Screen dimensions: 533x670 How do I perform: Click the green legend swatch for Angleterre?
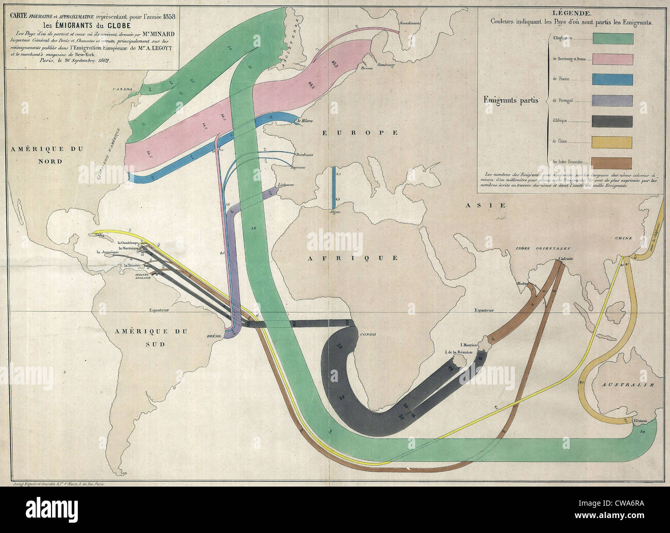(613, 38)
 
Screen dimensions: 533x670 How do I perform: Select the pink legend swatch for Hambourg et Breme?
(613, 59)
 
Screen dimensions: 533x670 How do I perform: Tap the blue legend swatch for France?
(613, 79)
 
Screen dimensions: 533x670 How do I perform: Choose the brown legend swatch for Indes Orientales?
(613, 161)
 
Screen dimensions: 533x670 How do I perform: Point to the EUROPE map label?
(360, 133)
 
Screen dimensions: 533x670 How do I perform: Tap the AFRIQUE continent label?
(353, 258)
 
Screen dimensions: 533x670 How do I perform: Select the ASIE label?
(478, 205)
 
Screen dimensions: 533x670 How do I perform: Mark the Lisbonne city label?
(286, 185)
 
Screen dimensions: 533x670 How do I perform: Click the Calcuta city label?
(565, 259)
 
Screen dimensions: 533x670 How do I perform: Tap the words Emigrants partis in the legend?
(511, 100)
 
